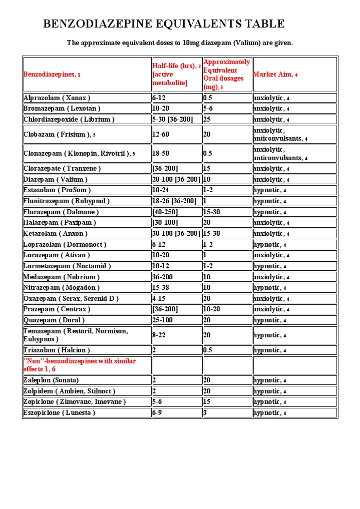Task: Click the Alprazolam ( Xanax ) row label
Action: (x=57, y=98)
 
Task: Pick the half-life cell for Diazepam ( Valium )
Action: (x=176, y=179)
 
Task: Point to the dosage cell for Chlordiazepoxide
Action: (x=207, y=119)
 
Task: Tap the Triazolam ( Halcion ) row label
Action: (x=56, y=350)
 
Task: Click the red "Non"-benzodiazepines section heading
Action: (x=80, y=365)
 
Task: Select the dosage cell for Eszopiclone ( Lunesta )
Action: (x=205, y=412)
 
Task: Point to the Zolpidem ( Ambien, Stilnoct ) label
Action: (x=70, y=391)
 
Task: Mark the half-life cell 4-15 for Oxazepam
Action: (x=159, y=298)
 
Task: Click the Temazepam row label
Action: (x=76, y=335)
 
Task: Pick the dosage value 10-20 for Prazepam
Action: (x=211, y=309)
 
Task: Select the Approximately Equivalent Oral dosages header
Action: (x=226, y=74)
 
